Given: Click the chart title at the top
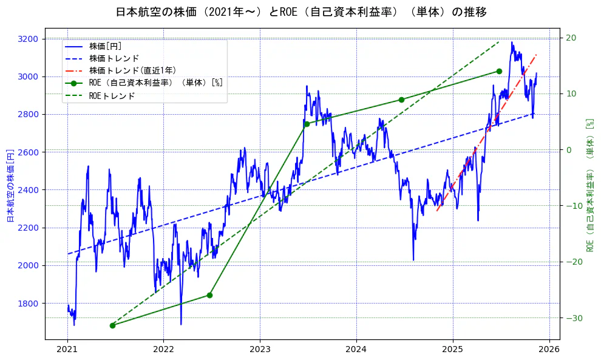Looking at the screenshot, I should (x=301, y=12).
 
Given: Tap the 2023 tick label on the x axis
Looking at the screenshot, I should (x=260, y=349).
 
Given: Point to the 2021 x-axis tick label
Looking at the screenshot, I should (x=67, y=349).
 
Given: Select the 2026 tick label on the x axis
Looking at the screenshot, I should (x=549, y=349).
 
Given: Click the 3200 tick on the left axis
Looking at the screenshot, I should (x=28, y=39).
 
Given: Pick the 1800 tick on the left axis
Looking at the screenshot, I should (x=28, y=304).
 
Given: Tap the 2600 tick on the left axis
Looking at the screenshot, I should (x=28, y=152).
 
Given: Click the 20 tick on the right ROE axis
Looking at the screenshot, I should (x=571, y=38).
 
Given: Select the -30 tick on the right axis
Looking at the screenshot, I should (x=571, y=318).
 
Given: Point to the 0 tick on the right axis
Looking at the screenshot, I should (x=569, y=150).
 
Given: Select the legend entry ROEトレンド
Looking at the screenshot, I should (x=112, y=96).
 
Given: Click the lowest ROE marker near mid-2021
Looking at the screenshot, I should (x=112, y=325).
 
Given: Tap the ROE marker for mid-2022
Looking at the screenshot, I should (x=209, y=295).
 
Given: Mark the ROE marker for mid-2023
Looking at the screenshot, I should (x=307, y=124).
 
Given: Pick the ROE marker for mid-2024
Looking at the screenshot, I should (x=401, y=100).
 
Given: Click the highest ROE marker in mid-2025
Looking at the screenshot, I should (x=499, y=71).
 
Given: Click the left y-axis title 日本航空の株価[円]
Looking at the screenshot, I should (x=10, y=185).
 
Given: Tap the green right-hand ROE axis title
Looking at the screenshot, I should (x=589, y=185).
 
